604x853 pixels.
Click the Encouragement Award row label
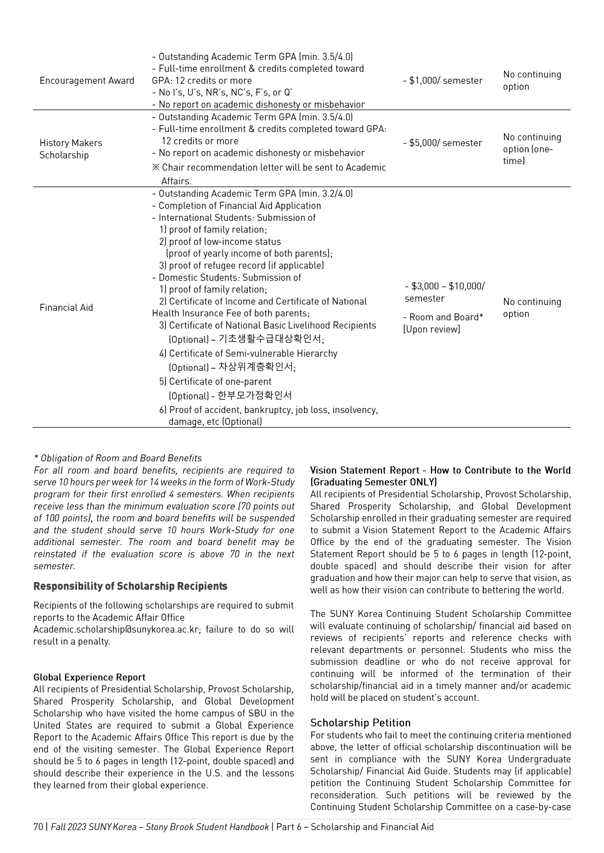87,81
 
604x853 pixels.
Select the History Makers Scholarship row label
71,149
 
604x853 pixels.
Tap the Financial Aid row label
66,307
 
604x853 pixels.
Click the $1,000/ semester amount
443,81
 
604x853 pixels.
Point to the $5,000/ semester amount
443,143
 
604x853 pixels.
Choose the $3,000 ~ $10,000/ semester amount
444,292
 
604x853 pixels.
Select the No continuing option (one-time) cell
532,149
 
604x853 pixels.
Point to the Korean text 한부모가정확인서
255,395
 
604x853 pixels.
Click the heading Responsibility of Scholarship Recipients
130,587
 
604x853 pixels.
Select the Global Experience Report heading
89,677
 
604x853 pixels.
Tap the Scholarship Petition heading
360,723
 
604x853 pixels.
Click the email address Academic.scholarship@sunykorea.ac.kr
116,629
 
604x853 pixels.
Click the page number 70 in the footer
38,827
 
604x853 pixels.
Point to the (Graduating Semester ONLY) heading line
373,482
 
